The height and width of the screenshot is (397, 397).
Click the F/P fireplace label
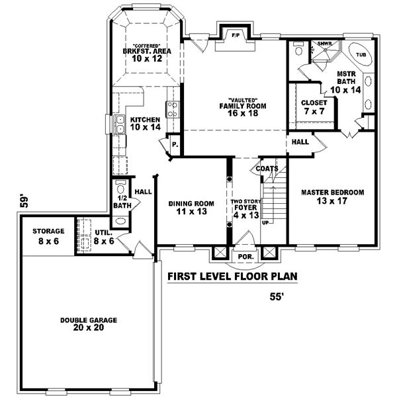(234, 33)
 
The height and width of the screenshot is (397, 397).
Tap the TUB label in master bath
(361, 55)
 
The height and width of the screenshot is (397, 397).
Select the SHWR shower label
(325, 44)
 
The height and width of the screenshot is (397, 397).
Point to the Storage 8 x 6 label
(49, 236)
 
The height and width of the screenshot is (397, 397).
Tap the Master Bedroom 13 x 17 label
(333, 197)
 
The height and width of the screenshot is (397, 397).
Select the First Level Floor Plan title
(232, 277)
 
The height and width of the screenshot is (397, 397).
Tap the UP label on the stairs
(266, 222)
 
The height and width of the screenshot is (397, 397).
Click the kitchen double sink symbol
(121, 124)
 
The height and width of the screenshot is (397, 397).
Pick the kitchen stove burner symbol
(171, 109)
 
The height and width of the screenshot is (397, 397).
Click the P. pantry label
(174, 144)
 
